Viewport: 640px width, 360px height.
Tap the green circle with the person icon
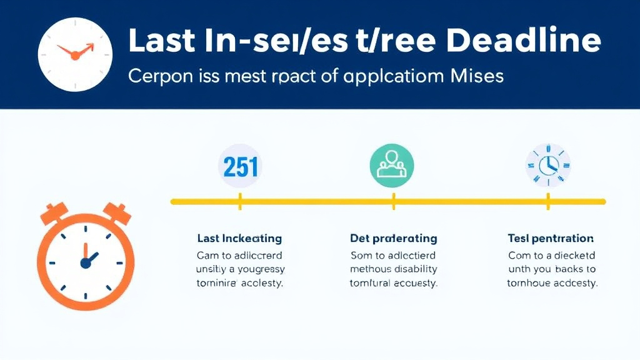pos(392,166)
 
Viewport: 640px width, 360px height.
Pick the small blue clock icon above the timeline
pos(547,166)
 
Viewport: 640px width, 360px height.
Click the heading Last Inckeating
pos(239,239)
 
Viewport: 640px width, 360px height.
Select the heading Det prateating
pos(393,239)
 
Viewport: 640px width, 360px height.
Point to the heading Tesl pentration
pos(551,239)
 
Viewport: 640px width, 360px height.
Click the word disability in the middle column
pos(414,269)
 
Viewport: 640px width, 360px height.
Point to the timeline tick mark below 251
pos(239,201)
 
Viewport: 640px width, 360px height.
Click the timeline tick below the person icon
pos(393,201)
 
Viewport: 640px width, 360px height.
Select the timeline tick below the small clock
pos(547,201)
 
